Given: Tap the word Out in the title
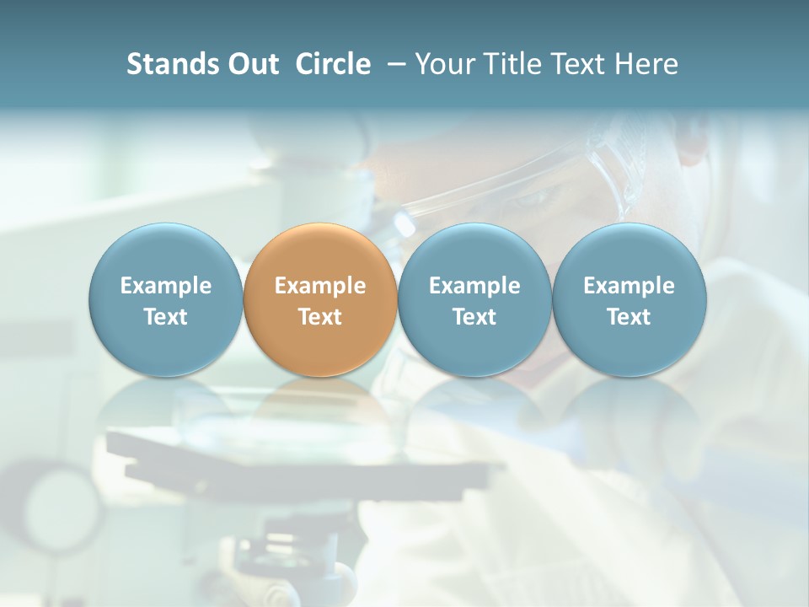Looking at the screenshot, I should click(251, 64).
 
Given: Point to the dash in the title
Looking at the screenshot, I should click(394, 64).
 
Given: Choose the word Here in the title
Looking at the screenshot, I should click(647, 64).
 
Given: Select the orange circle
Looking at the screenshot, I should click(320, 300).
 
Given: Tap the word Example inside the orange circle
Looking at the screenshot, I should click(320, 286).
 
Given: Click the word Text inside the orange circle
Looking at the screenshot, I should click(320, 317).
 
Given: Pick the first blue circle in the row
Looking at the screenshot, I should click(165, 300).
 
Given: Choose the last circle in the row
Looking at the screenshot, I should click(629, 300).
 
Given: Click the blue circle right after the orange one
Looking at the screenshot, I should click(474, 300).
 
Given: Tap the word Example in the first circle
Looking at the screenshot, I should click(165, 286).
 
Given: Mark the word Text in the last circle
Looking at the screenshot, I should click(629, 317).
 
